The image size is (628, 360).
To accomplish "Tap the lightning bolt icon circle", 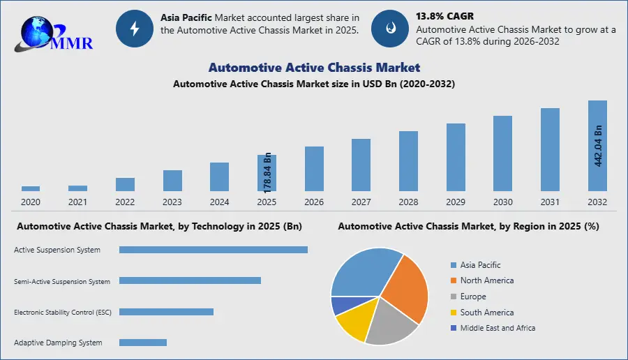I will click(134, 29).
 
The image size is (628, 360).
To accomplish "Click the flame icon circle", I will click(389, 29).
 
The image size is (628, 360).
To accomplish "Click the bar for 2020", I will click(31, 188).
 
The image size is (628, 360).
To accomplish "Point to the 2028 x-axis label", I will click(408, 202).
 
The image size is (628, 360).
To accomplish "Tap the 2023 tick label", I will click(172, 202).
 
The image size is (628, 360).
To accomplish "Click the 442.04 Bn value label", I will click(598, 145).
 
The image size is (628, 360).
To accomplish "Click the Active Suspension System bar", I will click(213, 250).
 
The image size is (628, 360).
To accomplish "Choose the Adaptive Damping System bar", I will click(143, 343).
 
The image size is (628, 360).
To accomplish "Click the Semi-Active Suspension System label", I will click(62, 282).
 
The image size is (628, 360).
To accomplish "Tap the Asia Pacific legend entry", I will click(480, 265).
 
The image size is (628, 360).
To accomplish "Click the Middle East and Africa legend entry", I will click(498, 328).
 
